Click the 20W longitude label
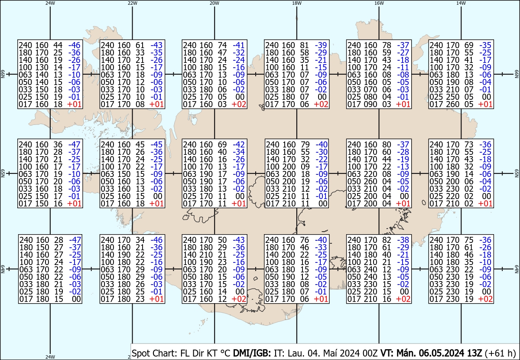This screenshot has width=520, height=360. click(214, 3)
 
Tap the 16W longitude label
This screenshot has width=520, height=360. click(379, 3)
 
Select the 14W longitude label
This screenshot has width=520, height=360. click(461, 3)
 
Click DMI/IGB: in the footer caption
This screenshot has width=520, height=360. click(252, 353)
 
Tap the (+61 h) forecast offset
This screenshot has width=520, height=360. click(500, 353)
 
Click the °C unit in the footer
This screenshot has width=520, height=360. click(225, 353)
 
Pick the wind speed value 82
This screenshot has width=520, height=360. click(387, 240)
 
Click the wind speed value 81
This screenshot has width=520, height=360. click(304, 45)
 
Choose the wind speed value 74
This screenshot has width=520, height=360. click(222, 45)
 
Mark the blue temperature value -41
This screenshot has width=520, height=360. click(239, 45)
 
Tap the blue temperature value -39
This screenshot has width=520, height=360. click(321, 45)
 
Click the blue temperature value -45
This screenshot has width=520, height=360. click(156, 144)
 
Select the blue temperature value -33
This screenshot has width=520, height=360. click(321, 247)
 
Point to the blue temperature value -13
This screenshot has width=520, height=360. click(403, 167)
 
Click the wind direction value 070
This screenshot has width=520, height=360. click(370, 89)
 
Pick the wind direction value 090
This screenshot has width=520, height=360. click(370, 104)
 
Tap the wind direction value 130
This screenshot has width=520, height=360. click(42, 67)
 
